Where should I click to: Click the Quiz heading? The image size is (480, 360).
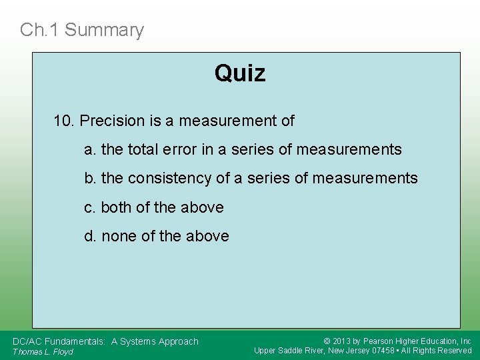(x=240, y=73)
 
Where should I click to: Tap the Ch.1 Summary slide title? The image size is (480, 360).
(x=82, y=30)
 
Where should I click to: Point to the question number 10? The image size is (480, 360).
(x=63, y=121)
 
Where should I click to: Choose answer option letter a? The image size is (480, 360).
(x=89, y=150)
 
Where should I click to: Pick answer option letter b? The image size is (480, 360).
(x=89, y=179)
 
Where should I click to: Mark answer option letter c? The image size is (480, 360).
(x=89, y=208)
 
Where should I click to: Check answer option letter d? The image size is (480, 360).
(x=89, y=237)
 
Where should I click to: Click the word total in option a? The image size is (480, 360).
(x=141, y=150)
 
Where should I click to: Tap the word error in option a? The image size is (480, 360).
(x=179, y=150)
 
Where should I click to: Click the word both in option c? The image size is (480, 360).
(x=116, y=208)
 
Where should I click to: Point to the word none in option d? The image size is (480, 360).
(x=119, y=237)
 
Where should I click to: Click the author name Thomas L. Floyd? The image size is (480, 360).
(x=43, y=351)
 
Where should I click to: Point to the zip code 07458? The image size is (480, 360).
(x=383, y=351)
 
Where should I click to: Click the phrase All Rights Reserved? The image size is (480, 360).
(x=439, y=351)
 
